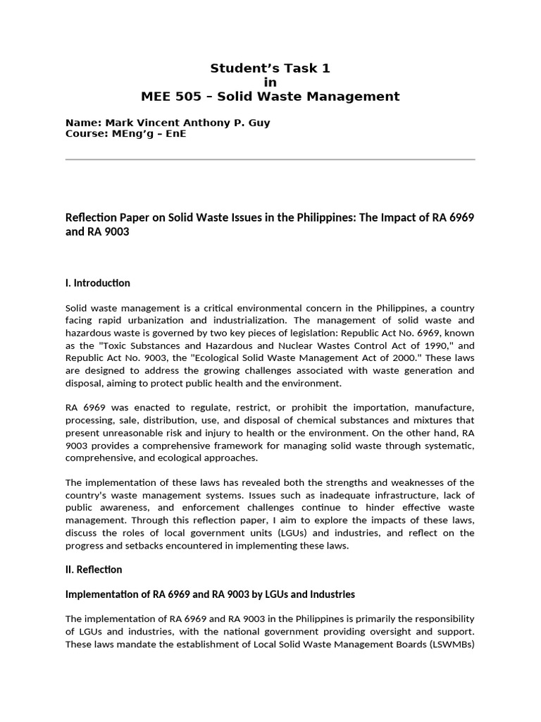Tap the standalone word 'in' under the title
(270, 82)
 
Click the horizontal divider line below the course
(270, 160)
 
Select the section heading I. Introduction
(97, 283)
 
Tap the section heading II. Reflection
(94, 569)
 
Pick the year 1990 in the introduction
(410, 346)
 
